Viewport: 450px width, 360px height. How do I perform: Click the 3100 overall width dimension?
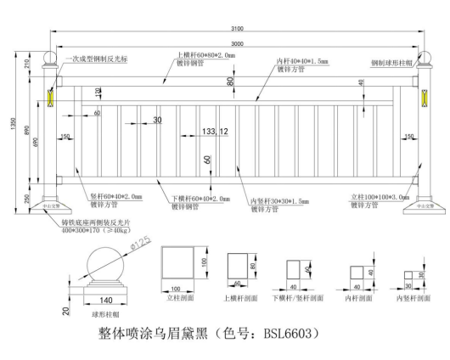tap(238, 31)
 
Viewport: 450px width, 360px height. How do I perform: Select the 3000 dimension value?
tap(237, 43)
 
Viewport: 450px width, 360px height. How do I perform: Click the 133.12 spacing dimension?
tap(214, 132)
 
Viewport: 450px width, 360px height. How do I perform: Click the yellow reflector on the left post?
tap(50, 99)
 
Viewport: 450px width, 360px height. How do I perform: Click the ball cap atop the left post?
tap(50, 60)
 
